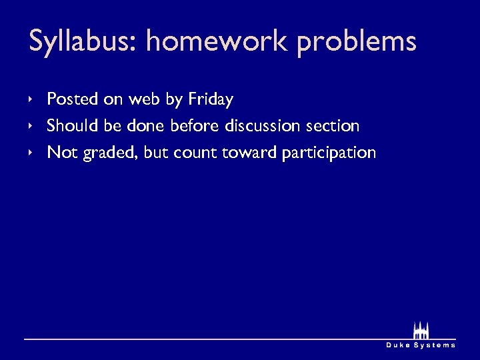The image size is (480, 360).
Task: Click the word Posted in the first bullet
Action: click(73, 100)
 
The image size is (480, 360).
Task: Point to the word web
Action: click(144, 100)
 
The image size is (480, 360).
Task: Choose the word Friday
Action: click(211, 100)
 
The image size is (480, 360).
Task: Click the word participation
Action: click(329, 153)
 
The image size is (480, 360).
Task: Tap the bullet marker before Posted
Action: click(31, 99)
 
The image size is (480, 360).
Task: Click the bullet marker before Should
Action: click(31, 125)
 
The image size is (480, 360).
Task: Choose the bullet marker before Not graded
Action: click(31, 152)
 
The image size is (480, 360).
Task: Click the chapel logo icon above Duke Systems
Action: click(421, 330)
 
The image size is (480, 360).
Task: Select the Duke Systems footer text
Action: click(421, 345)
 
